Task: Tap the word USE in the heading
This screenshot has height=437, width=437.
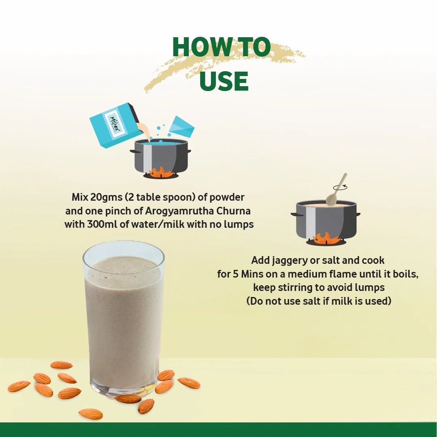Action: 224,81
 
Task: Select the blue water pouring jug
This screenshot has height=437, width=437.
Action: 182,127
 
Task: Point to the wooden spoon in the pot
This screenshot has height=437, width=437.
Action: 336,190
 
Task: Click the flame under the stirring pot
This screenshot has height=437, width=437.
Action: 325,238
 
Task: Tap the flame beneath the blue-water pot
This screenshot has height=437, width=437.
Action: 161,172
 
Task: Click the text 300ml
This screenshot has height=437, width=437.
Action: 102,224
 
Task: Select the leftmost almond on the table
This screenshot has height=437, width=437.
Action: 19,386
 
